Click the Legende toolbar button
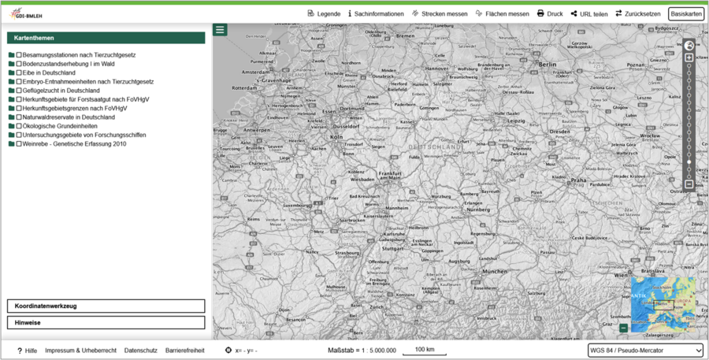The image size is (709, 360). coord(324,13)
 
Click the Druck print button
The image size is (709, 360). coord(550,13)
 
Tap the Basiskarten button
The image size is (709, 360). coord(686,13)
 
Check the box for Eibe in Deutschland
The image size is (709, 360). coord(19,72)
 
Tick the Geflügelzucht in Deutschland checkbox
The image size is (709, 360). coord(19,91)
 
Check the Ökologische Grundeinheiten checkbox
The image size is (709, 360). coord(19,126)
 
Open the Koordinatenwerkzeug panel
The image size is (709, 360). coord(106,306)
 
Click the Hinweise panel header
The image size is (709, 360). coord(106,322)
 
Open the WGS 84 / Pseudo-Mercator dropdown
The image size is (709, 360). coord(645,351)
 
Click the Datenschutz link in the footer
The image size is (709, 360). coord(141,351)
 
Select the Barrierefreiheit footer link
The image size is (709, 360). coord(185,351)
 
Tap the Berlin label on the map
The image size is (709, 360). coord(548,64)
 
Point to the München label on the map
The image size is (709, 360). coord(495,271)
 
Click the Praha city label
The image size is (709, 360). coord(580,180)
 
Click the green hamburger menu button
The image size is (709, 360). coord(220,30)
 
